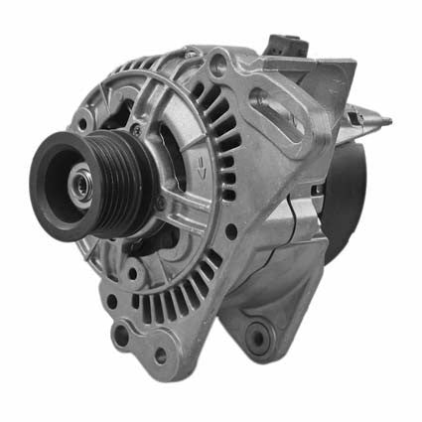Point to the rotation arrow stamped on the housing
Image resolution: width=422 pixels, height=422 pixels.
[202, 159]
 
